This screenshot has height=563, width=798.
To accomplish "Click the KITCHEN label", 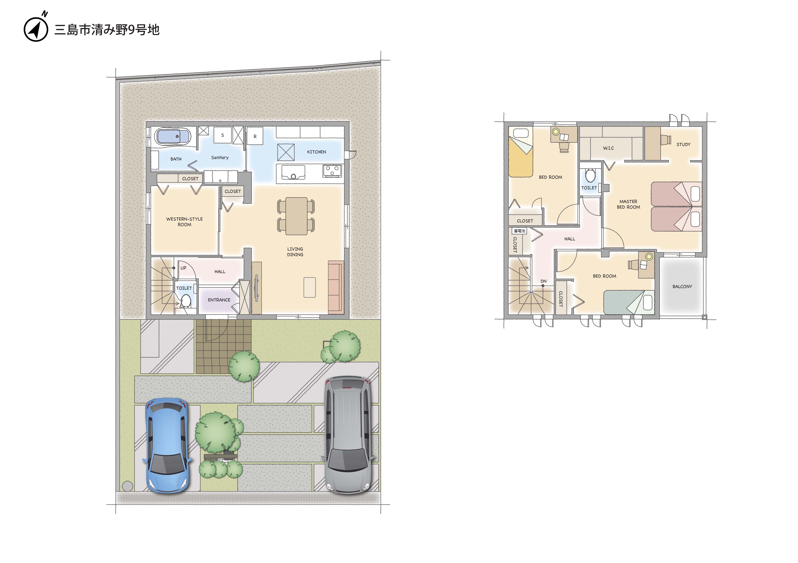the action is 316,152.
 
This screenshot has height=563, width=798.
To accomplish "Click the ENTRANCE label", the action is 219,300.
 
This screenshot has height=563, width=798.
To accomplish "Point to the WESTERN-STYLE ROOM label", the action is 184,222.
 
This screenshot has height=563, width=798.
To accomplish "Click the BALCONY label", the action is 682,287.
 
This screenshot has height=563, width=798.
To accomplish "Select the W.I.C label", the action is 608,148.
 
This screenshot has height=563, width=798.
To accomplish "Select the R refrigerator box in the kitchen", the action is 255,136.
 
